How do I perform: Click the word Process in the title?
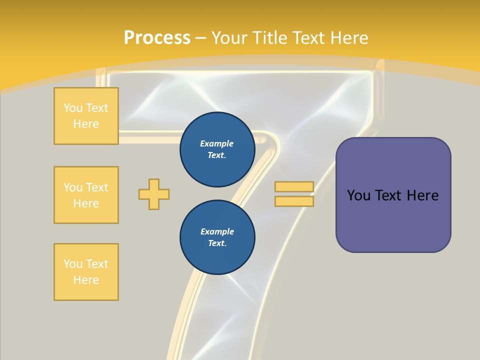(x=157, y=37)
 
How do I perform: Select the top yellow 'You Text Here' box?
(x=86, y=116)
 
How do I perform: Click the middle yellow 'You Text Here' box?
(x=86, y=195)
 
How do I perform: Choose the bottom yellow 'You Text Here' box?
(x=86, y=272)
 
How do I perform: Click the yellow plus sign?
(x=154, y=194)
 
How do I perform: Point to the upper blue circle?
(x=217, y=149)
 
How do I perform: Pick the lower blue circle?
(x=217, y=237)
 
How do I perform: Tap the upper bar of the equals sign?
(x=294, y=187)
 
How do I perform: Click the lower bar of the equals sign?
(x=294, y=201)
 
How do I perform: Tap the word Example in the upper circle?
(x=216, y=143)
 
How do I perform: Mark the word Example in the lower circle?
(x=217, y=231)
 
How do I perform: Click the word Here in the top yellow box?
(x=86, y=124)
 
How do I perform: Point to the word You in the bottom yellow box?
(x=73, y=264)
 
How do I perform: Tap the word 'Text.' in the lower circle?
(x=217, y=243)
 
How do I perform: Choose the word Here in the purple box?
(x=422, y=195)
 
